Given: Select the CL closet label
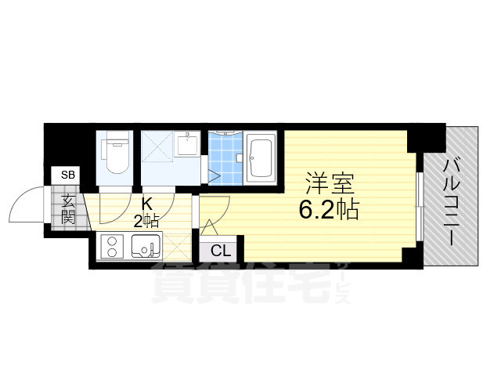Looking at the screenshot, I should tap(221, 251).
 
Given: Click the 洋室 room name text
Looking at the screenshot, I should tap(330, 185).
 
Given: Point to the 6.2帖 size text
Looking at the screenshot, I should tap(328, 209).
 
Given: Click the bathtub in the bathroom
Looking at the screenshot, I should tap(260, 157).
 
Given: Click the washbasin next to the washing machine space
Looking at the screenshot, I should tap(188, 146).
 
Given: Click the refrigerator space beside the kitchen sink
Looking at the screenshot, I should tap(178, 249).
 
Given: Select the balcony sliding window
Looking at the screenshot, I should tap(420, 206).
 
